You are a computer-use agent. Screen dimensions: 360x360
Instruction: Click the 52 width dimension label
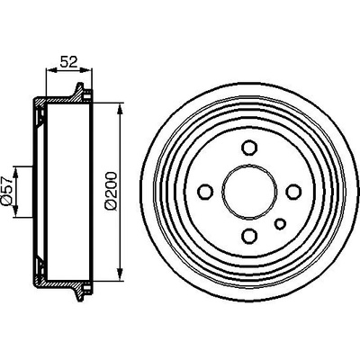pyautogui.click(x=69, y=61)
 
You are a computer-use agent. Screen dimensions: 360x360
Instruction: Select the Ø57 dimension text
pyautogui.click(x=6, y=191)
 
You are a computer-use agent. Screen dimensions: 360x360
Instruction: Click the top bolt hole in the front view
pyautogui.click(x=249, y=148)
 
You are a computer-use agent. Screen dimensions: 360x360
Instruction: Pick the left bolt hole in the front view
pyautogui.click(x=206, y=192)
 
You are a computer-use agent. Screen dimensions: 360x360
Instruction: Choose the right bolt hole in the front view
pyautogui.click(x=293, y=192)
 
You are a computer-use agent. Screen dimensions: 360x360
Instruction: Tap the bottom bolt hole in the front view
pyautogui.click(x=249, y=236)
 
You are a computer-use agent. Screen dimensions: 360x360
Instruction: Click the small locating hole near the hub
pyautogui.click(x=281, y=223)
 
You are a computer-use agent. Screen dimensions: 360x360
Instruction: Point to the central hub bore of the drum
pyautogui.click(x=249, y=192)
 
